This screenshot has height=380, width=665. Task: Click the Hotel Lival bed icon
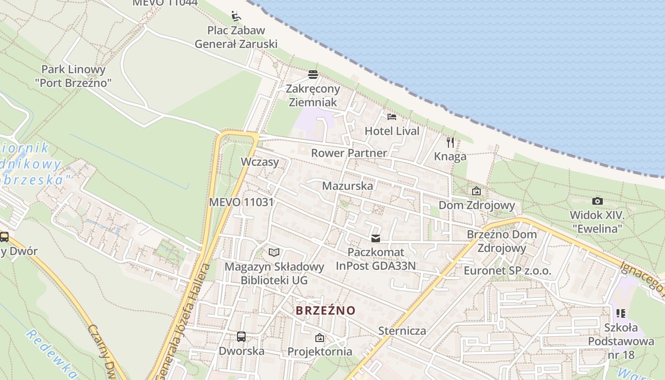(x=392, y=116)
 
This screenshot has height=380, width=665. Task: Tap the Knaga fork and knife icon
(x=450, y=142)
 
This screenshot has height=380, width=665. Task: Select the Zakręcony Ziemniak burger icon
(x=313, y=75)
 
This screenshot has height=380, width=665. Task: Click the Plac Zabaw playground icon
(x=236, y=16)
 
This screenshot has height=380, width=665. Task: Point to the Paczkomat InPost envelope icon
(x=376, y=238)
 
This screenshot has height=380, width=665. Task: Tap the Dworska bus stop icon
(x=241, y=337)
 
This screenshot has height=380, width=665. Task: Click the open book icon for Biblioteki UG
(x=274, y=252)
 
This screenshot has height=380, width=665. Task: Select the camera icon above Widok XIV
(x=598, y=201)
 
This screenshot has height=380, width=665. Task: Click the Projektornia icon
(x=320, y=338)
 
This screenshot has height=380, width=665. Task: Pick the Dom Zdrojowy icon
(x=476, y=191)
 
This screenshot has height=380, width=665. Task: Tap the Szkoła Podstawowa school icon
(x=620, y=313)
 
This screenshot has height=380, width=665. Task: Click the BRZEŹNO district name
(x=325, y=311)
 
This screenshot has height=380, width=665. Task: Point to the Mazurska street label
(x=347, y=186)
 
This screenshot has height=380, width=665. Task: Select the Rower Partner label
(x=349, y=153)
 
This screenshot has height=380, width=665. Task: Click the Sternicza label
(x=402, y=331)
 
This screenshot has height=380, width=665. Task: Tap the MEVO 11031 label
(x=241, y=202)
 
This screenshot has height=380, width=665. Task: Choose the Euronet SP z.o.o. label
(x=507, y=271)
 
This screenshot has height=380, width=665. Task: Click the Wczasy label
(x=260, y=161)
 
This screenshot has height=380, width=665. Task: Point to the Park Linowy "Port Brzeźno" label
(x=73, y=76)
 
